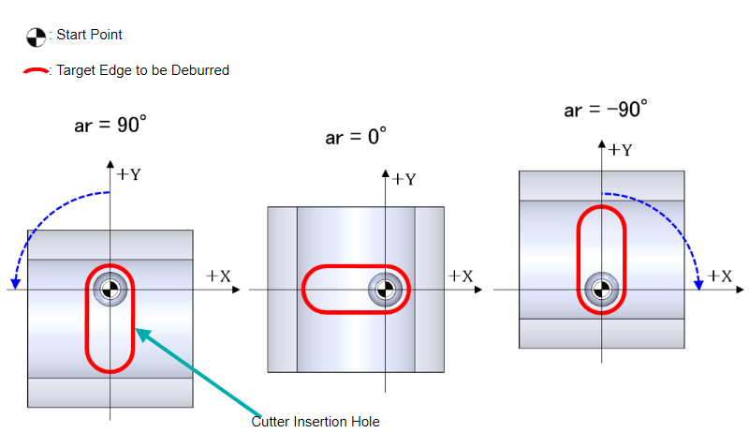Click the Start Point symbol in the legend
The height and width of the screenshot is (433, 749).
pyautogui.click(x=35, y=37)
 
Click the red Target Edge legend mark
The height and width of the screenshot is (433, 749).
pyautogui.click(x=36, y=70)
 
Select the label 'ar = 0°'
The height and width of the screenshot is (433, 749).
pyautogui.click(x=356, y=137)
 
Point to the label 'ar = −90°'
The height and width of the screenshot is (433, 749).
pyautogui.click(x=606, y=110)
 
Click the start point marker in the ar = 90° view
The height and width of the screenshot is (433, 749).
pyautogui.click(x=110, y=290)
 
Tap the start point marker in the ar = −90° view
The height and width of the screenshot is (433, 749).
pyautogui.click(x=600, y=290)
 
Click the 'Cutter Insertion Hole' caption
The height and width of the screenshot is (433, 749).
pyautogui.click(x=316, y=422)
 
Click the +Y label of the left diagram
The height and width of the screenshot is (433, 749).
pyautogui.click(x=128, y=173)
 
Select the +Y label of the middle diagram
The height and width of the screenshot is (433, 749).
pyautogui.click(x=404, y=178)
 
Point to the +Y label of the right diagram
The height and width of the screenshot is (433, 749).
pyautogui.click(x=619, y=150)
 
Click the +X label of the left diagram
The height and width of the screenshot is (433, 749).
pyautogui.click(x=218, y=276)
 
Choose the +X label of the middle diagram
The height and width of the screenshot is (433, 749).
pyautogui.click(x=461, y=276)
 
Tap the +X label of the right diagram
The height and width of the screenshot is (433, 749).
pyautogui.click(x=719, y=276)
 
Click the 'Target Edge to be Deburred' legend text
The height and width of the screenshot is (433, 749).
pyautogui.click(x=142, y=70)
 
